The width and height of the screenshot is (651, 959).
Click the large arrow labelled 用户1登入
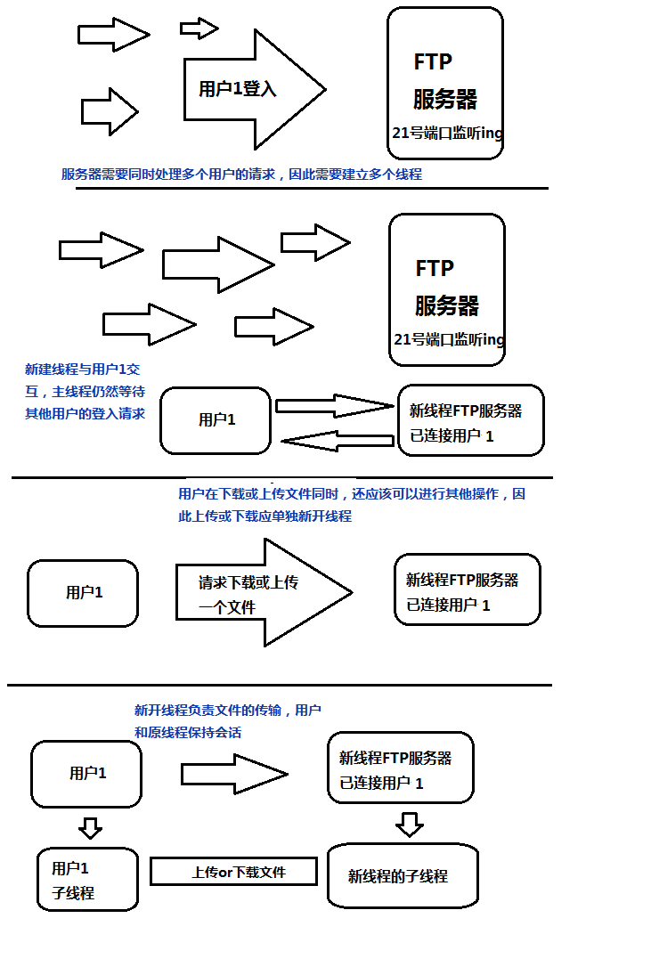[x=253, y=89]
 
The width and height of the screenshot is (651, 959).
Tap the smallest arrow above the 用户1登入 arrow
[x=199, y=28]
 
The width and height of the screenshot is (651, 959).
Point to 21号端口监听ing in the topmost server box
[x=447, y=134]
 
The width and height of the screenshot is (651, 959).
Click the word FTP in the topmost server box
[x=433, y=61]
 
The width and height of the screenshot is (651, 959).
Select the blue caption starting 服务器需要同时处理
[x=241, y=175]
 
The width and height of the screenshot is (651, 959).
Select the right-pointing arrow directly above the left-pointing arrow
[x=334, y=406]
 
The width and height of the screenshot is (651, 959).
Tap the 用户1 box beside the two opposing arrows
[x=216, y=420]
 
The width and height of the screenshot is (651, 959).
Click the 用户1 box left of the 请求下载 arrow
[x=84, y=592]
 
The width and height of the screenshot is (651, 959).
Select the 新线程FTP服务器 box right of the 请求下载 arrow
[x=467, y=589]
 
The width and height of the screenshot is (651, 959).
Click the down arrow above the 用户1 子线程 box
[x=90, y=828]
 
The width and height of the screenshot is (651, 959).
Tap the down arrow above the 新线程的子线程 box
[x=409, y=825]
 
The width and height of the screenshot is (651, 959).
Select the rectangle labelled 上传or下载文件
[x=233, y=872]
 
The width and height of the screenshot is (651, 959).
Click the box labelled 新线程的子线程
[x=403, y=876]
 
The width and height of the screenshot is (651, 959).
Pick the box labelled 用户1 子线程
[x=87, y=880]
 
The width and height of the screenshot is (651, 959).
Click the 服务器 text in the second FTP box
[x=447, y=306]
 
